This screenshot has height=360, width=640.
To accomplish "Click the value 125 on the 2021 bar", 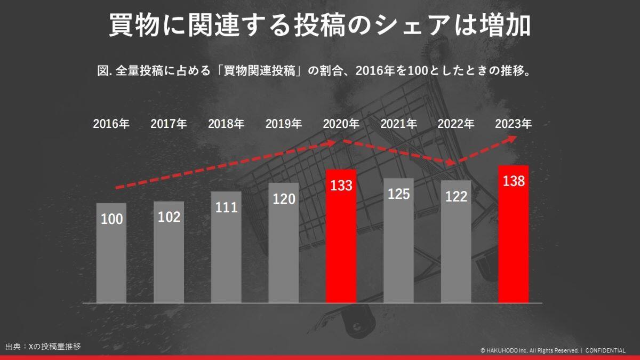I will [x=398, y=194].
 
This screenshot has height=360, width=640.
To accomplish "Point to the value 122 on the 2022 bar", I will [x=456, y=197].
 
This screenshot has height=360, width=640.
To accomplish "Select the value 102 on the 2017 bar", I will [x=169, y=217].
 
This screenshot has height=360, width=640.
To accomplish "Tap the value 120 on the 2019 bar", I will [x=284, y=199].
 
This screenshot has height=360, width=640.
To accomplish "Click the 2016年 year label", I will [x=111, y=124].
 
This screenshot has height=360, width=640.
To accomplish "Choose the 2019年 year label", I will [x=284, y=124].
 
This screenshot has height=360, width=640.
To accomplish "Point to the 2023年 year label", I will [x=513, y=124].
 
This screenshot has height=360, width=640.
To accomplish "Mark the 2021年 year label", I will [x=398, y=124].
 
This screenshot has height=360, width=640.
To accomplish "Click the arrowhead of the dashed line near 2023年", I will [x=512, y=138].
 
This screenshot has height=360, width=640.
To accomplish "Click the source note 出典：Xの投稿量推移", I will [x=43, y=346].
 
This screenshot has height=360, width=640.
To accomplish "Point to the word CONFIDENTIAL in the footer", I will [x=605, y=350].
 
